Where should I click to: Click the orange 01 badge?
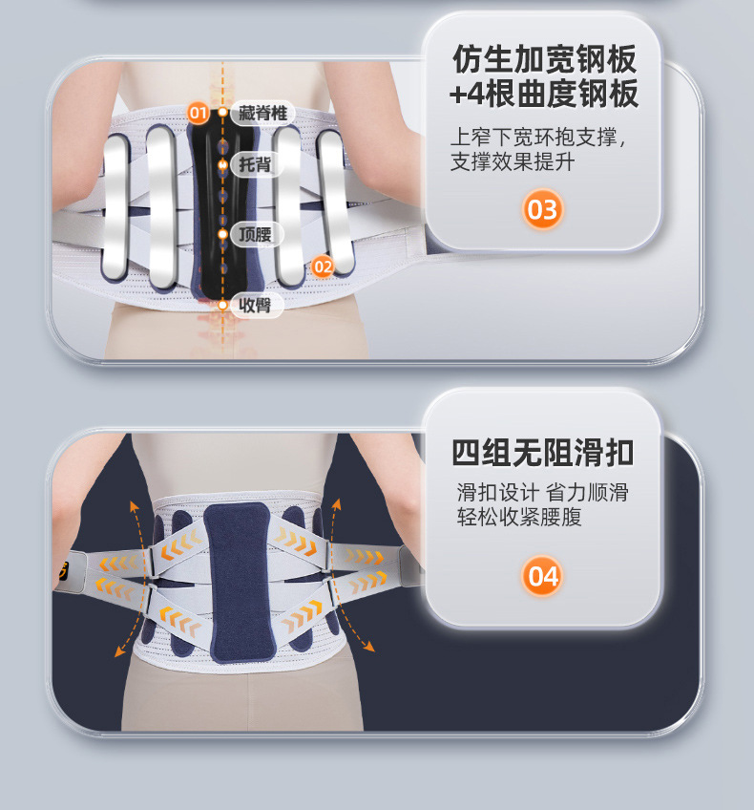point(198,113)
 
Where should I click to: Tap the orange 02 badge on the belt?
point(323,266)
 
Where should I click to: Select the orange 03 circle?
point(542,209)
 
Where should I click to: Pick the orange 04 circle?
point(542,575)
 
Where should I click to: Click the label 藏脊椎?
point(262,113)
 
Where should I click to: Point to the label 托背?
point(255,164)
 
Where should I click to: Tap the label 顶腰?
point(255,235)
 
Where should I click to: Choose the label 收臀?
point(255,305)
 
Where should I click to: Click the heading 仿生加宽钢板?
point(544,59)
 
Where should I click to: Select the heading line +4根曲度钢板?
point(544,94)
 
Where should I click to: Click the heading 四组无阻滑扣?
point(542,453)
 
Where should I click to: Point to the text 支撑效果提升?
point(513,161)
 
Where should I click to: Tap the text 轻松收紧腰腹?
point(519,517)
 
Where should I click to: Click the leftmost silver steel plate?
point(115,207)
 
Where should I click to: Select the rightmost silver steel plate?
point(335,202)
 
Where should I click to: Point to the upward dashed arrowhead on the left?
point(134,505)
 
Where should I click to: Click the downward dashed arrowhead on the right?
point(368,646)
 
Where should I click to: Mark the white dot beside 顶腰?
point(223,234)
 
